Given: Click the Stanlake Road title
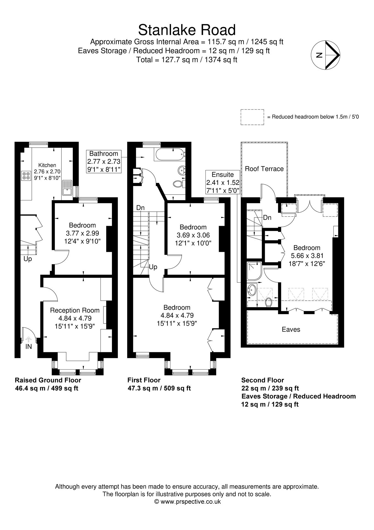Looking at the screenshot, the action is click(187, 30).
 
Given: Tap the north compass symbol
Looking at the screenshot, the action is click(325, 55).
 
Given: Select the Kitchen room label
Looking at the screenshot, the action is click(47, 165).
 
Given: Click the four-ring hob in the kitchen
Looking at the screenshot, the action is click(26, 176).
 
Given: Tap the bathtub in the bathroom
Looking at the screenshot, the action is click(169, 155).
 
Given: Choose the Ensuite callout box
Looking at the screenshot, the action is click(223, 182).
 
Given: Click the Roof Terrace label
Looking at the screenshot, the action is click(264, 169).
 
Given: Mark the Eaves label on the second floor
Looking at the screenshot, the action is click(291, 329).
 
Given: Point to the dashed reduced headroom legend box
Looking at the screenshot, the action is click(252, 117).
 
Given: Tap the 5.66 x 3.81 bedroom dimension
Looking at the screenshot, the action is click(307, 256).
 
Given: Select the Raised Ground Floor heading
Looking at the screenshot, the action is click(48, 380).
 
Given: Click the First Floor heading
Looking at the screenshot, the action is click(144, 380).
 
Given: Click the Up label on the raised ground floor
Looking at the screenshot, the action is click(28, 259).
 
